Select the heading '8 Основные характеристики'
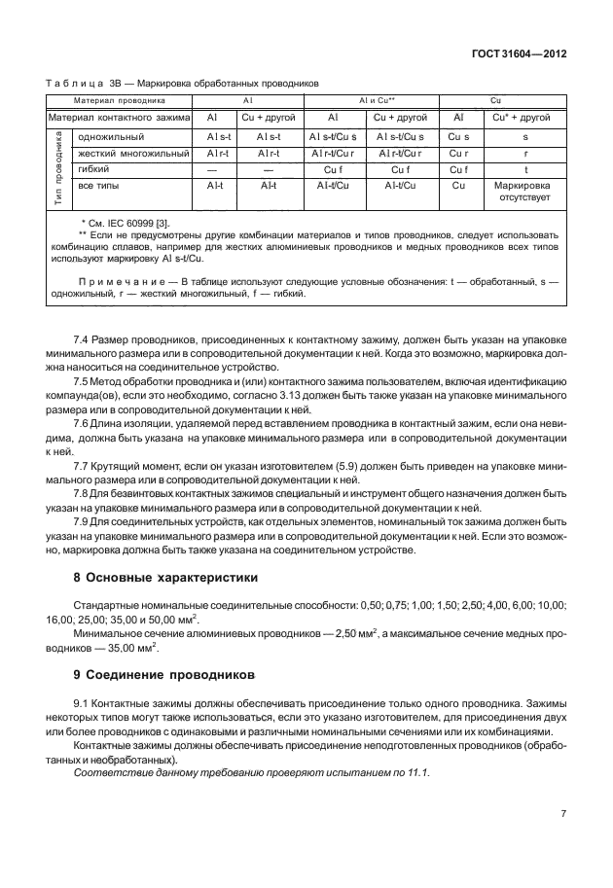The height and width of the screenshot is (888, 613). [165, 577]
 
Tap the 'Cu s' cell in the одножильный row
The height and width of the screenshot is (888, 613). [459, 138]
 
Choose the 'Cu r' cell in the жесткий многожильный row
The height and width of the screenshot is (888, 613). [459, 154]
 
